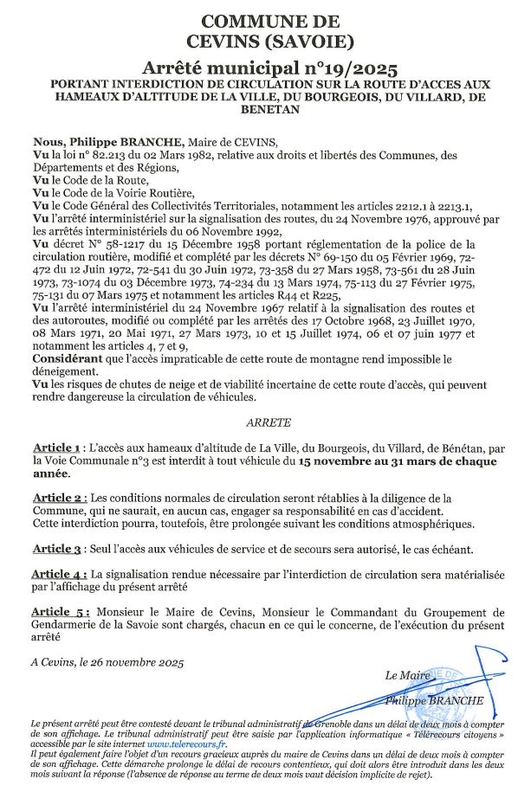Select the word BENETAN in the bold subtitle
(x=265, y=110)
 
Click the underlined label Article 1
(x=57, y=448)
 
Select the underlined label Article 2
(x=58, y=499)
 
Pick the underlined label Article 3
(x=57, y=549)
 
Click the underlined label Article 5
(x=59, y=613)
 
